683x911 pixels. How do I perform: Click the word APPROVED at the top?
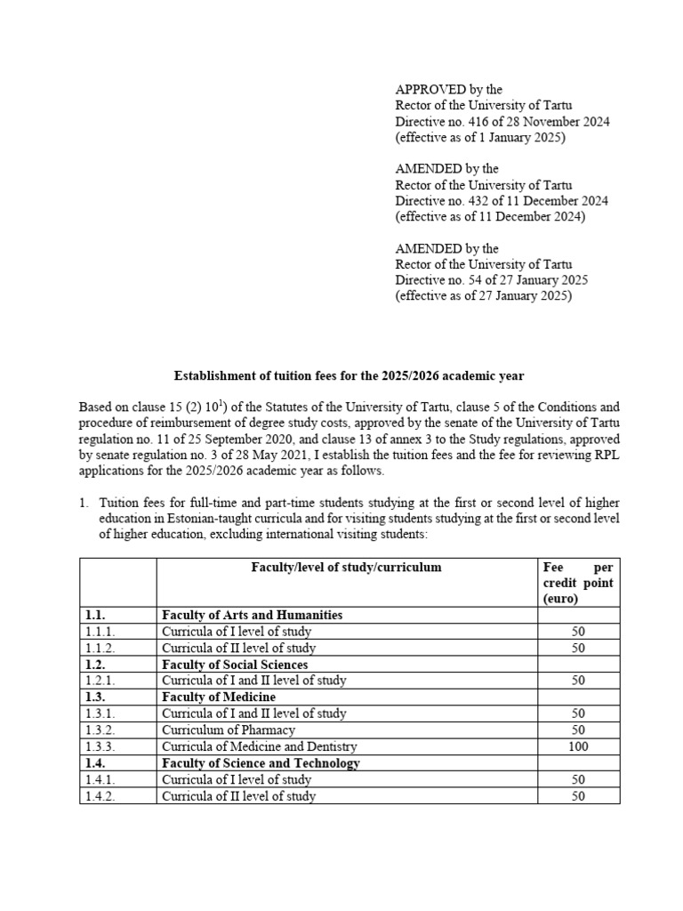(428, 89)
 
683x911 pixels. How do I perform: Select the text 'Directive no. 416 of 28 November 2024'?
(502, 121)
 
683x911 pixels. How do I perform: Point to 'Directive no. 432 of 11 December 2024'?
(502, 201)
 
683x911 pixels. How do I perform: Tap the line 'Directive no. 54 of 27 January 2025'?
(491, 280)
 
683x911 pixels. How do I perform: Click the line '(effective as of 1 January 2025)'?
(480, 137)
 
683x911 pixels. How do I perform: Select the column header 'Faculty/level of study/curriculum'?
(346, 567)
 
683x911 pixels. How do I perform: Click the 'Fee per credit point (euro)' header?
(577, 583)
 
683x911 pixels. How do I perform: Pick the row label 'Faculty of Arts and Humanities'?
(252, 615)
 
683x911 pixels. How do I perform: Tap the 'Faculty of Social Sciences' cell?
(235, 665)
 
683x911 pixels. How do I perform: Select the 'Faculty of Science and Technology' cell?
(261, 763)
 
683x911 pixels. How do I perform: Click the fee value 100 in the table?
(578, 746)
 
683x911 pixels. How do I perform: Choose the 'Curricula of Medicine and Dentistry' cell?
(259, 746)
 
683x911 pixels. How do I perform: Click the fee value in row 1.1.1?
(578, 632)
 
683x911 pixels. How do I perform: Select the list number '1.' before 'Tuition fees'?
(84, 503)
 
